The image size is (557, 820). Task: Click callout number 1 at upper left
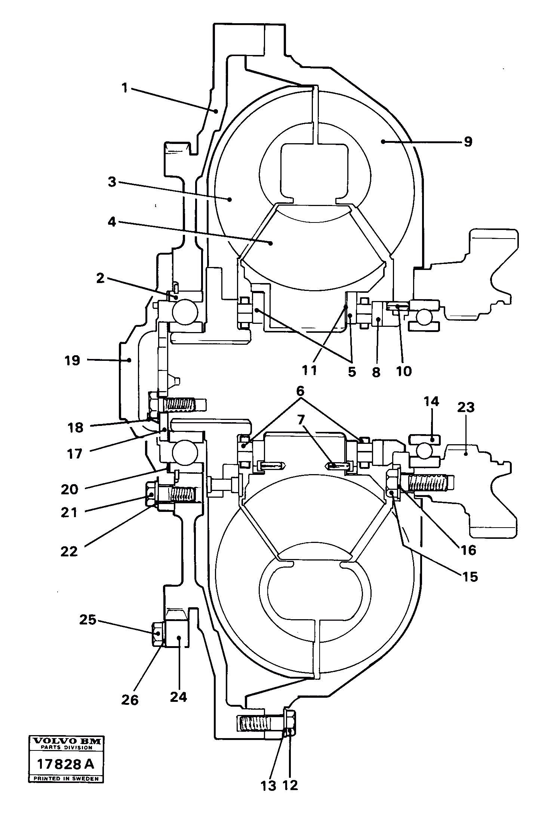pyautogui.click(x=124, y=88)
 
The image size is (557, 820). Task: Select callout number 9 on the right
pyautogui.click(x=468, y=142)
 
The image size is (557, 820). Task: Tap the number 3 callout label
pyautogui.click(x=112, y=182)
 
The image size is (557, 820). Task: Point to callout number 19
pyautogui.click(x=72, y=360)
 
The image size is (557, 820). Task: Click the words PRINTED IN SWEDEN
pyautogui.click(x=66, y=779)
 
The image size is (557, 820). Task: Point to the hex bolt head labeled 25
pyautogui.click(x=157, y=633)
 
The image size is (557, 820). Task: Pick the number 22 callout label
pyautogui.click(x=69, y=552)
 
